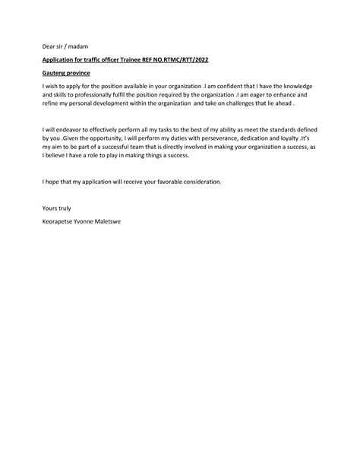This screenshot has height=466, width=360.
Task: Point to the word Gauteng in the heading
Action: click(54, 73)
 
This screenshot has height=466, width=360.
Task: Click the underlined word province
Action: click(80, 73)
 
